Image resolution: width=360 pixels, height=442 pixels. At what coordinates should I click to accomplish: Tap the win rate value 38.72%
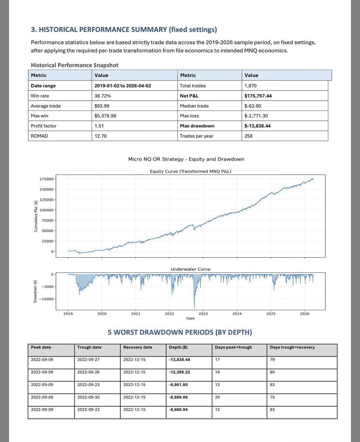pos(103,95)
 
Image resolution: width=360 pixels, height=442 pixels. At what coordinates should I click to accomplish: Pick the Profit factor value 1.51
pos(100,126)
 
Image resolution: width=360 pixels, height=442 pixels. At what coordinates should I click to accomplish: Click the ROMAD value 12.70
pos(101,136)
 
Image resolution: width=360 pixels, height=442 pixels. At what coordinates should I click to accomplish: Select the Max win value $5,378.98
pos(107,116)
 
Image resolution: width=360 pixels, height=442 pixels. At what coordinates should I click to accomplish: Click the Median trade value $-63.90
pos(254,106)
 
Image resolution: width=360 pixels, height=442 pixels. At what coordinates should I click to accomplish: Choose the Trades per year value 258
pos(248,136)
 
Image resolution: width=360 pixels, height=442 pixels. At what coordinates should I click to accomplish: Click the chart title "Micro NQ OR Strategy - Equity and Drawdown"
pos(186,159)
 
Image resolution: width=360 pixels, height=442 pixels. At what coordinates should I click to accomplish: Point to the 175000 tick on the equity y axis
pos(47,179)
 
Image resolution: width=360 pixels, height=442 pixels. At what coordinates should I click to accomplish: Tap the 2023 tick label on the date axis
pos(203,314)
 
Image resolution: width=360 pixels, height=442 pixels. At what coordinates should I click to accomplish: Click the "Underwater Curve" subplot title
pos(190,269)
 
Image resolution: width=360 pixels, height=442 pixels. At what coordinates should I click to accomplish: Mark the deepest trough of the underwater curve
pos(194,308)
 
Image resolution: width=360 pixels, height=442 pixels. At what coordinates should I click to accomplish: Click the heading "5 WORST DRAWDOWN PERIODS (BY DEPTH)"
pos(180,332)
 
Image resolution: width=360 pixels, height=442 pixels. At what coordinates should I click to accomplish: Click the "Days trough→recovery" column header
pos(292,347)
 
